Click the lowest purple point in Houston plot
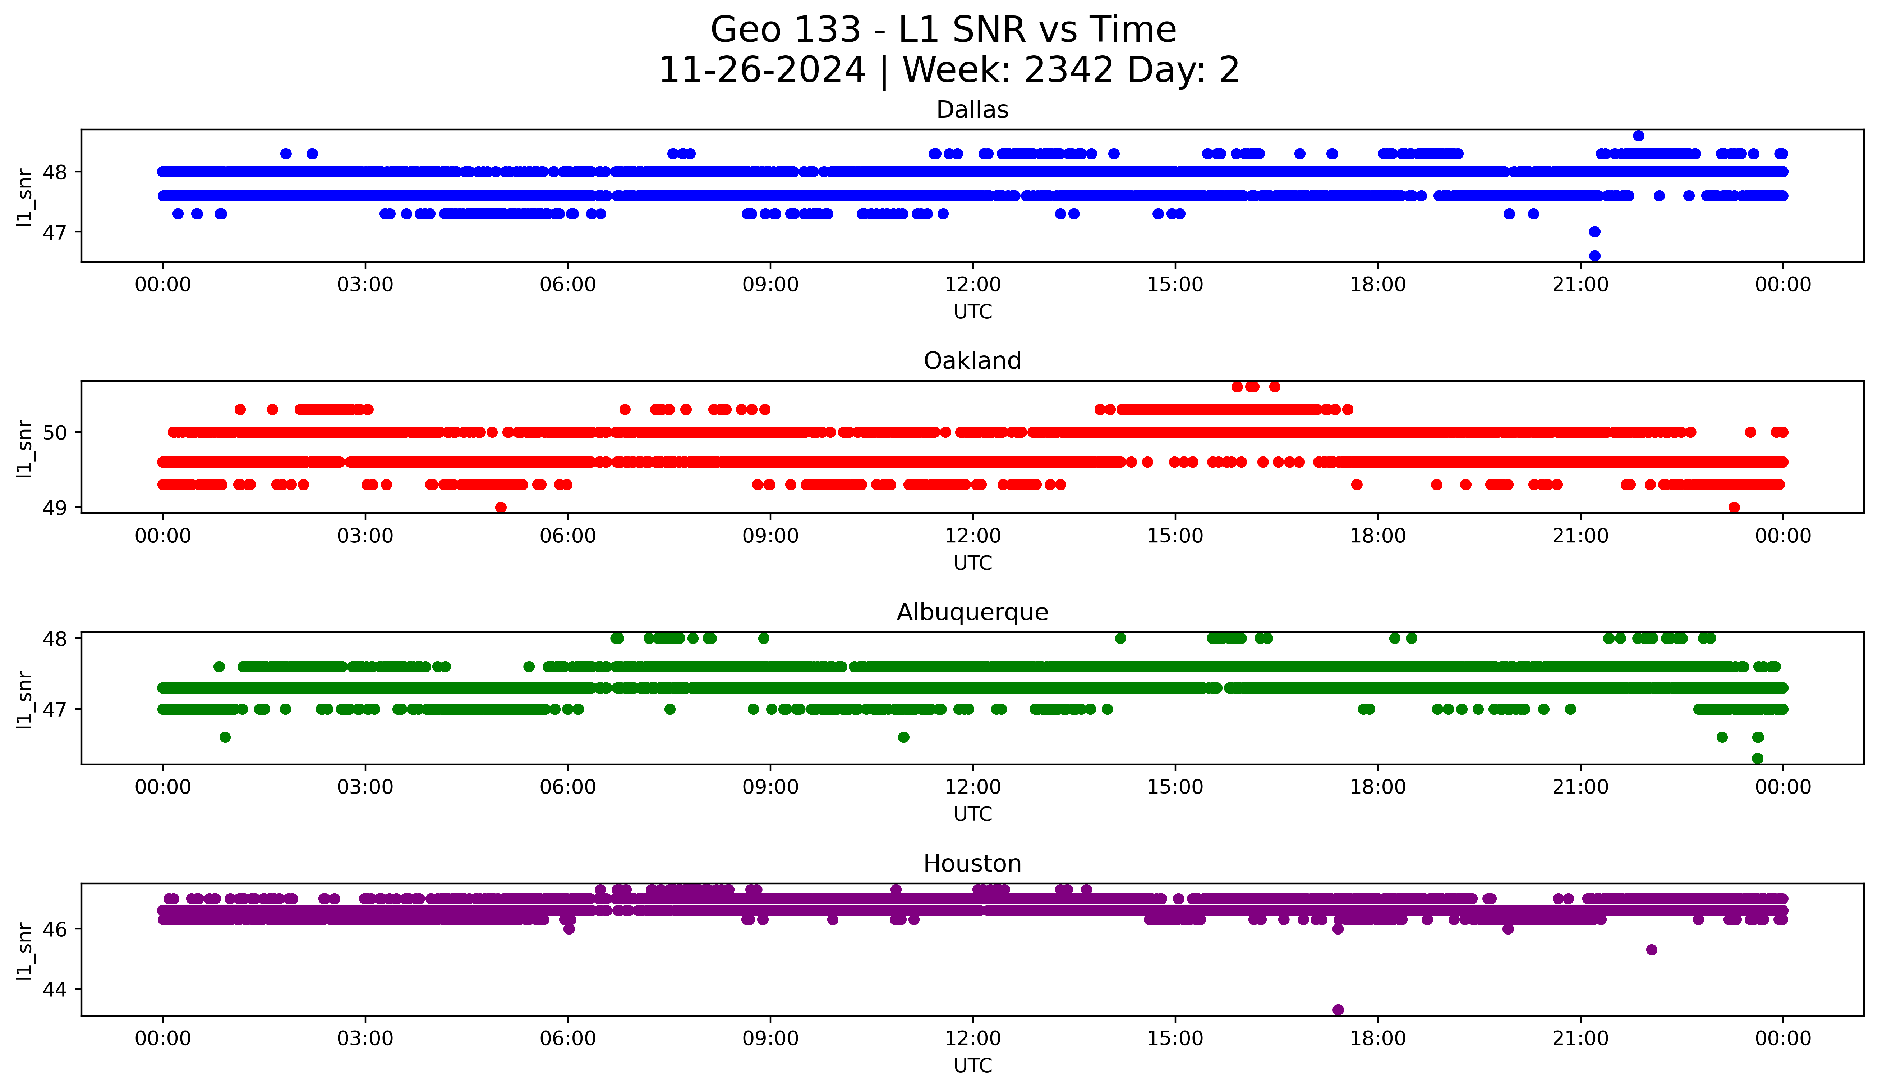(1338, 1010)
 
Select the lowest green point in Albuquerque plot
(1757, 758)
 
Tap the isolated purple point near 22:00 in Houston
(1652, 949)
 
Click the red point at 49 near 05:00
(501, 507)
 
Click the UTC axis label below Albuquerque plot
(972, 814)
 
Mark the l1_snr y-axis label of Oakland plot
(24, 448)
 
